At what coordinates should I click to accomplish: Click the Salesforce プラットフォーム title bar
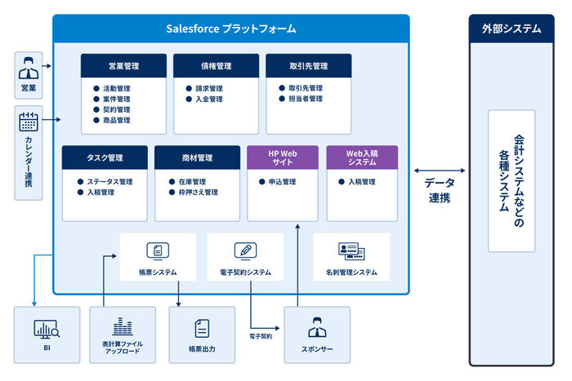231,29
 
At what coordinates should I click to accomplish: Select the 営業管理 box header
123,66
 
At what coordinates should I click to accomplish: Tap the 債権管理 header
216,66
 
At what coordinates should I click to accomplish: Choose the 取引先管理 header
308,66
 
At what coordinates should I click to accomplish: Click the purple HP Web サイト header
283,157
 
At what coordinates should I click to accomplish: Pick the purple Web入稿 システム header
362,157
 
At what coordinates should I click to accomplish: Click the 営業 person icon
29,67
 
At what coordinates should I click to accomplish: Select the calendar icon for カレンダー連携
29,122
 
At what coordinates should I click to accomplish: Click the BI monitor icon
47,330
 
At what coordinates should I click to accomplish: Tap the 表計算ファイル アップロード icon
122,326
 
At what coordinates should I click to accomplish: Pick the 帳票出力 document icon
201,329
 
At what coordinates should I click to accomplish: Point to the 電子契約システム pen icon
245,250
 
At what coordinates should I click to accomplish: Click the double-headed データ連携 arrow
440,171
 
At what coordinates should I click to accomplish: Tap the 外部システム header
511,29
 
